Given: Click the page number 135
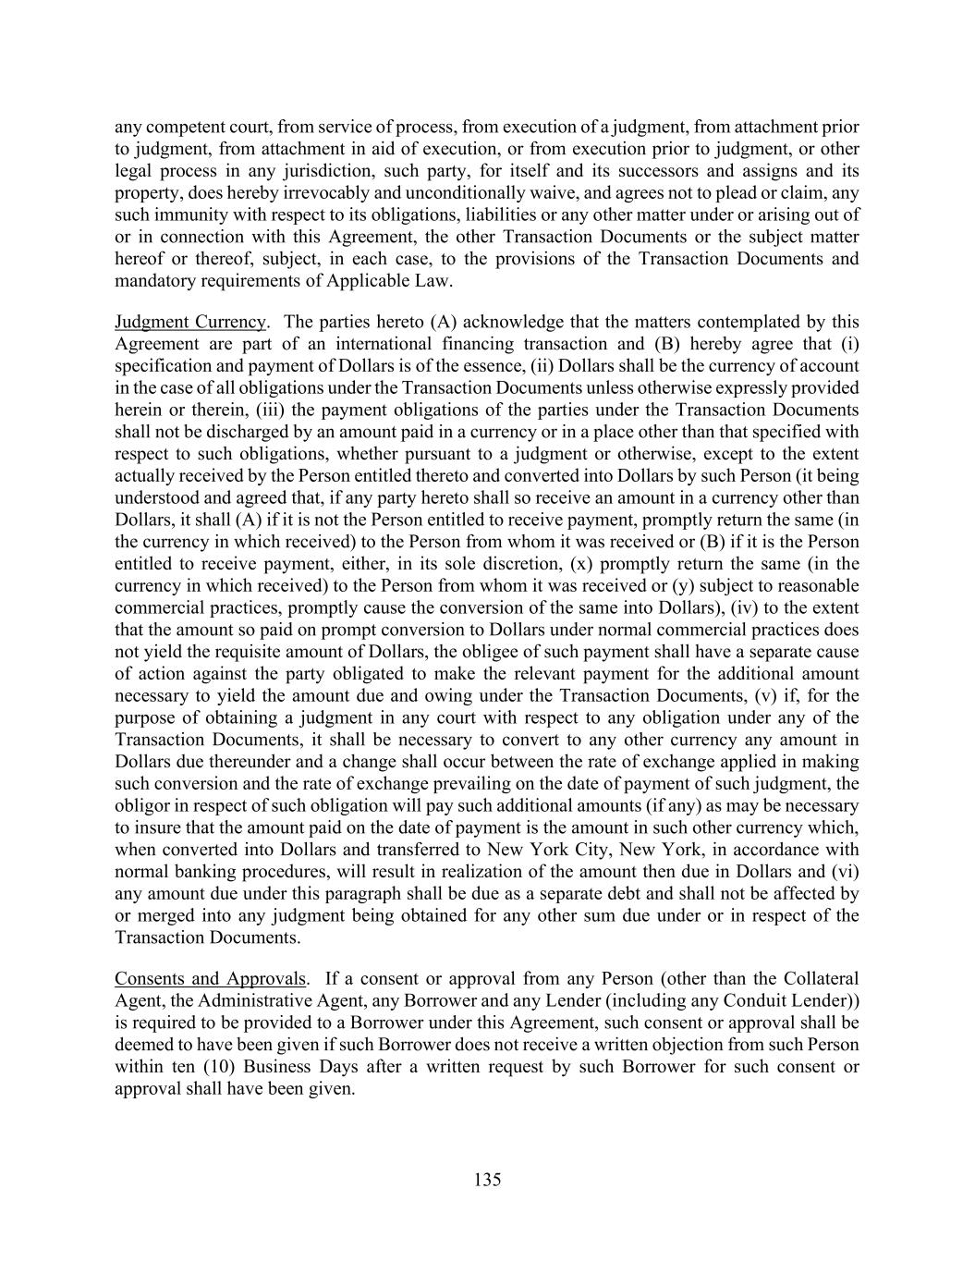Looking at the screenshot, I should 487,1180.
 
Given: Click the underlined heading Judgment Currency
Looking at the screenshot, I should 189,322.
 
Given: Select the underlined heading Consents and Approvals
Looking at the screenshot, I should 209,978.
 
